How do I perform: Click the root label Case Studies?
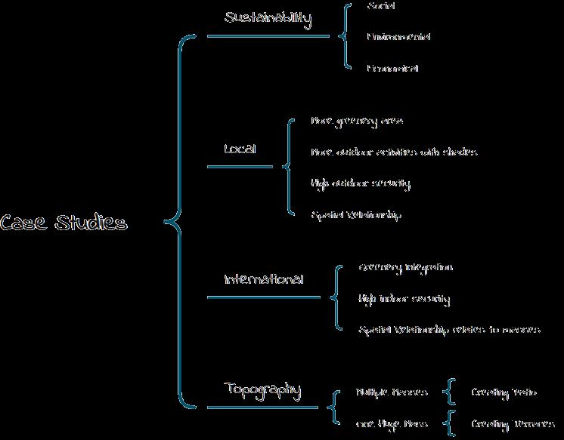pos(64,223)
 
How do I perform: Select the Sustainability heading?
pos(268,19)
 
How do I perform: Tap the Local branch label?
pos(240,149)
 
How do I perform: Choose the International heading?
pos(263,279)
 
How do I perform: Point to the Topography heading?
pos(262,390)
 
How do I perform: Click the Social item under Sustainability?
pos(382,6)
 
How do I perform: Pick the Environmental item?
pos(398,36)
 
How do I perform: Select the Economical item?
pos(392,68)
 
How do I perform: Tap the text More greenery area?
pos(357,121)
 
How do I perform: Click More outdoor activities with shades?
pos(394,152)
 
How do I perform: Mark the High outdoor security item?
pos(360,183)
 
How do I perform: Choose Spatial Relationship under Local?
pos(356,215)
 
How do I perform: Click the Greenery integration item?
pos(405,268)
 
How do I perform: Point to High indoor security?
pos(404,300)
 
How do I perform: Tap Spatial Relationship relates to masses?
pos(449,330)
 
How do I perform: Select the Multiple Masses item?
pos(392,392)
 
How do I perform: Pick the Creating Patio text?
pos(504,392)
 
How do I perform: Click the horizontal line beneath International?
pos(263,297)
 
